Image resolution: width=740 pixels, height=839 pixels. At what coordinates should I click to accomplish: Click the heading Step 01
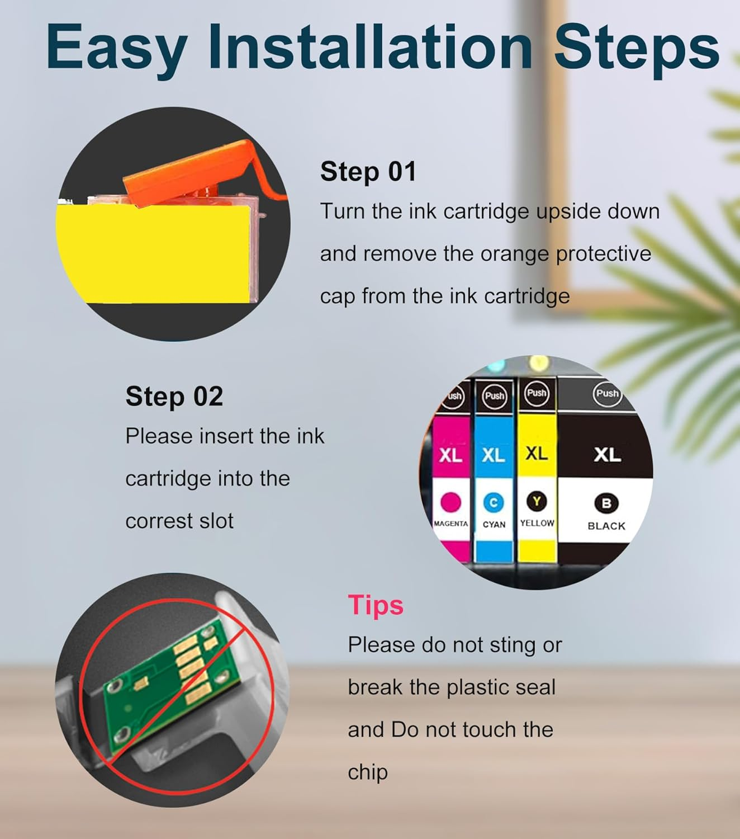tap(368, 172)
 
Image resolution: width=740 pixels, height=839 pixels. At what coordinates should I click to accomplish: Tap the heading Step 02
tap(174, 397)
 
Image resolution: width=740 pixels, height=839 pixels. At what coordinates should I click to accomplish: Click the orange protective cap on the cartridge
tap(195, 174)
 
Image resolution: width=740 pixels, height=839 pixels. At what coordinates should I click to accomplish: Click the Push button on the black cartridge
tap(607, 393)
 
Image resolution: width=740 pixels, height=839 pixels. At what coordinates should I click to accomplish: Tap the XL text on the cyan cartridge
tap(494, 455)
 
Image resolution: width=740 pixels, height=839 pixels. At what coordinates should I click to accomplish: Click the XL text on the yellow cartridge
tap(537, 454)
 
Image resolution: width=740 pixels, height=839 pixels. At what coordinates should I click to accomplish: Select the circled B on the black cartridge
tap(606, 503)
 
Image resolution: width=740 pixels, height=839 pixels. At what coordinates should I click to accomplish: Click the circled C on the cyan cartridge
tap(494, 503)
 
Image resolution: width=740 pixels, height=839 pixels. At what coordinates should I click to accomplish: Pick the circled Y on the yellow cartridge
tap(537, 502)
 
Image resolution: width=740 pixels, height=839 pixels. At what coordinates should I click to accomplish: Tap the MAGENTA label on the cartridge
tap(450, 524)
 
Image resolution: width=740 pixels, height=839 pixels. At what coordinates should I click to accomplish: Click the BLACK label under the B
tap(606, 526)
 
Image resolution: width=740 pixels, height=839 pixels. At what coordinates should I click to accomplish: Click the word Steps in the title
tap(637, 46)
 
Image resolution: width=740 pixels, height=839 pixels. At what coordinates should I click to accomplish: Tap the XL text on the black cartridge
tap(607, 455)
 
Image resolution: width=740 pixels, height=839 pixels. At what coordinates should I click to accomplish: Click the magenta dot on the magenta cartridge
tap(450, 502)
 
